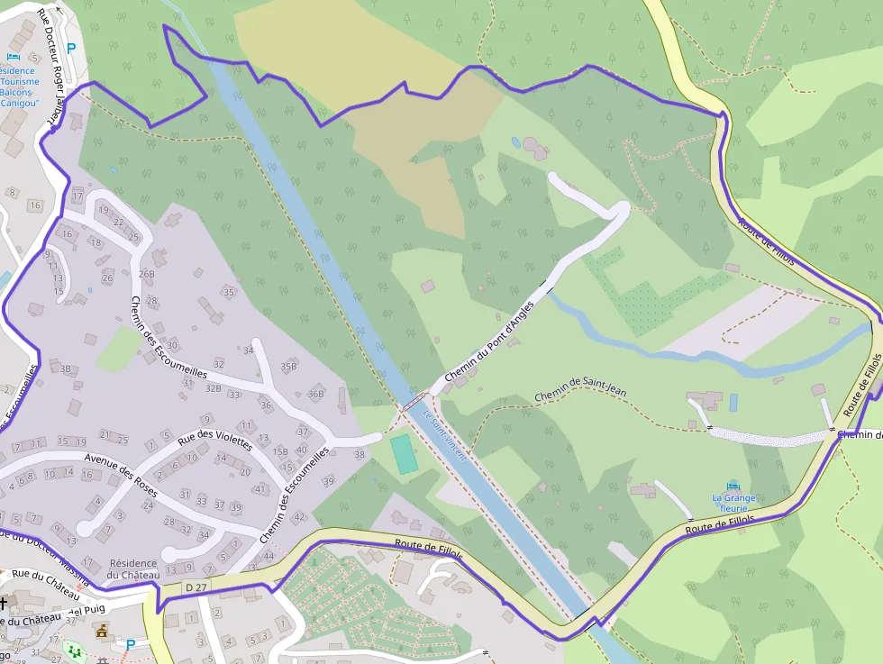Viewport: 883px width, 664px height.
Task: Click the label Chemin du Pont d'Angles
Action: [490, 341]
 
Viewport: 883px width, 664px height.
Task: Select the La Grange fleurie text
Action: [733, 502]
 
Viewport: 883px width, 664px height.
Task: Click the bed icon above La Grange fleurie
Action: [733, 485]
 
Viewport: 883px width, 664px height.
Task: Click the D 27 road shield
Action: [195, 587]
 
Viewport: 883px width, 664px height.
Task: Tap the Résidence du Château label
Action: [132, 569]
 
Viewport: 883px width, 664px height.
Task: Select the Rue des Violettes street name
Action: [214, 432]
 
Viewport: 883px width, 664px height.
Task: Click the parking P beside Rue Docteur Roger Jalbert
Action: [71, 50]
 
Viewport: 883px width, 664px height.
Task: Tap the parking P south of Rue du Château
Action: [131, 645]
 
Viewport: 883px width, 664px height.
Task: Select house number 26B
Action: [147, 274]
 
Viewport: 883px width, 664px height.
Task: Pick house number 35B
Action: [288, 367]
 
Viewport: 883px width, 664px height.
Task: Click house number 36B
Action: [315, 394]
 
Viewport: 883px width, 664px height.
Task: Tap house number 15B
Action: [280, 451]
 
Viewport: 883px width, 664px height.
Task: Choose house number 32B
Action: [213, 388]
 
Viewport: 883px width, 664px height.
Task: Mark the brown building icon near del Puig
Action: [102, 630]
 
